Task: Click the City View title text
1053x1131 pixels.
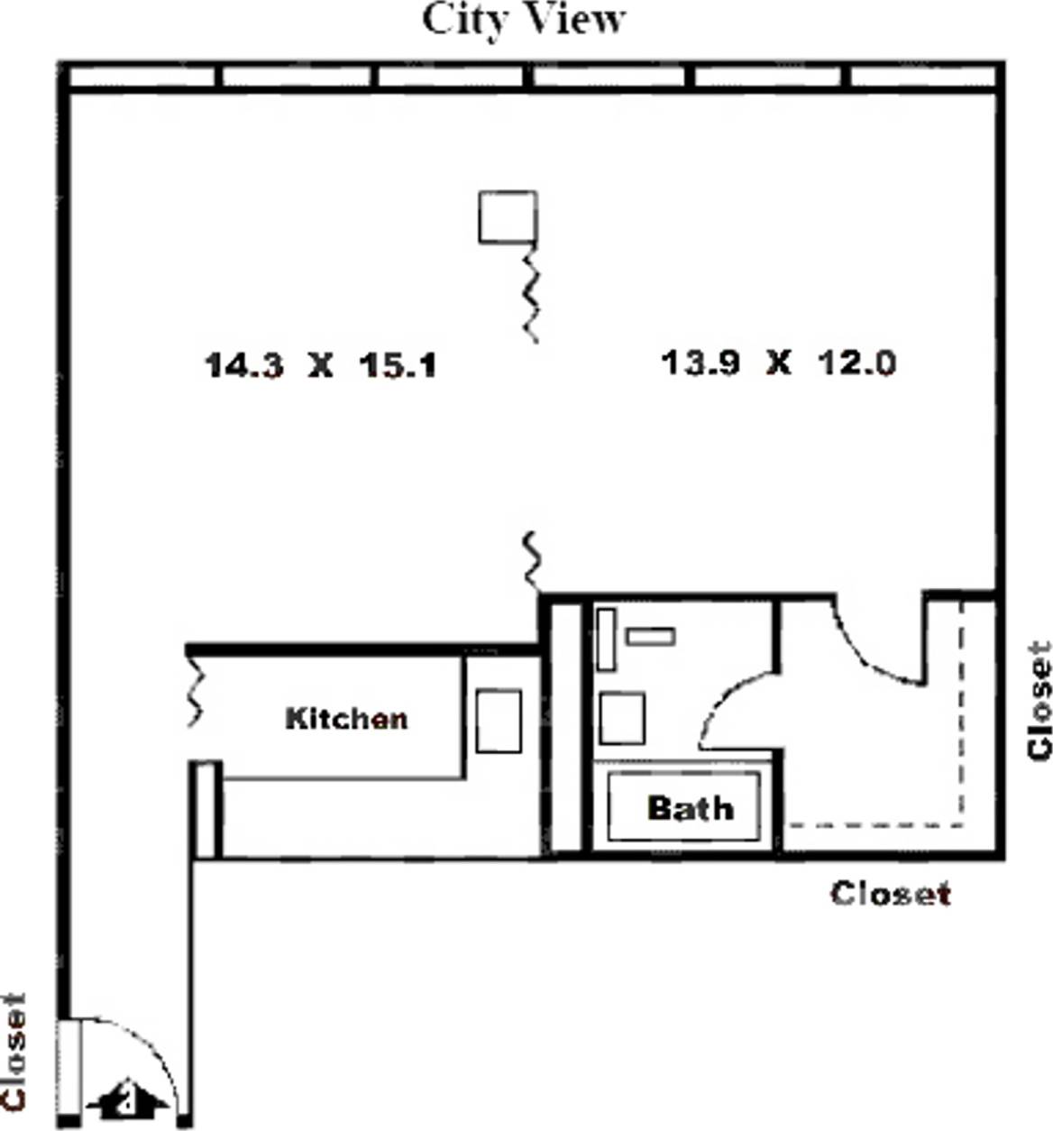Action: coord(524,20)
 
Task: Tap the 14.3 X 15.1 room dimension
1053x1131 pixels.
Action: coord(320,365)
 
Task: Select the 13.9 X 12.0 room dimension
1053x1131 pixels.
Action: coord(778,363)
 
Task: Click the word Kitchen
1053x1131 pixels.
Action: coord(346,718)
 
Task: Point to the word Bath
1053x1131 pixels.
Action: coord(690,807)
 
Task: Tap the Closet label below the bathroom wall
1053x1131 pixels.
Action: coord(890,893)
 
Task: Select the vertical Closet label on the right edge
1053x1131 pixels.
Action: coord(1039,700)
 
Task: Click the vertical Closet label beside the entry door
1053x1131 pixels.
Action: coord(14,1051)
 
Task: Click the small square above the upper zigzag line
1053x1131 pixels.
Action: coord(508,216)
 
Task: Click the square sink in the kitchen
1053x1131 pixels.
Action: coord(498,721)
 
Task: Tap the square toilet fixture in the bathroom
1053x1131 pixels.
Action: coord(621,718)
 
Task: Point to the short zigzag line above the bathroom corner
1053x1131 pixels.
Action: coord(532,559)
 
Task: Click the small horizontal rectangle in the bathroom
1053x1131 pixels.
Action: coord(650,637)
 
